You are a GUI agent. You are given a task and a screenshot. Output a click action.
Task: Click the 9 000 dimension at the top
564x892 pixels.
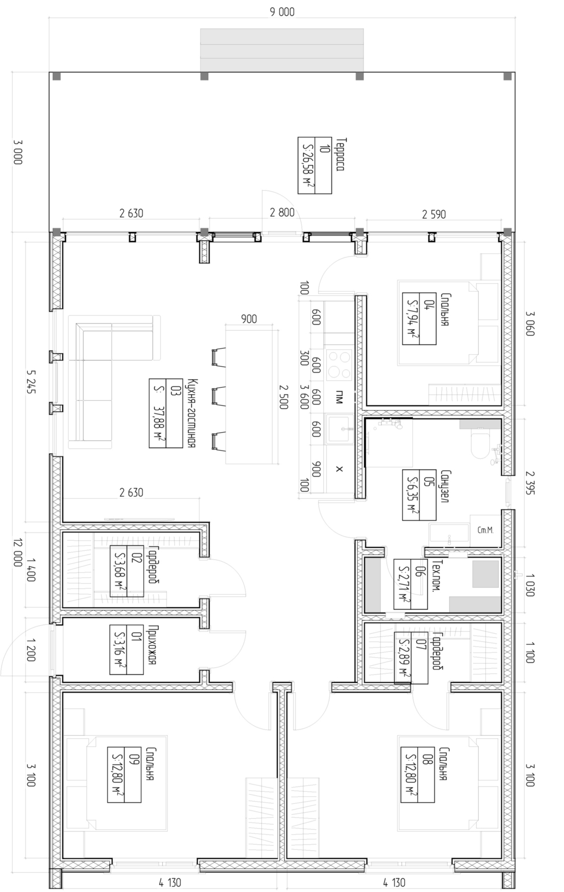click(282, 12)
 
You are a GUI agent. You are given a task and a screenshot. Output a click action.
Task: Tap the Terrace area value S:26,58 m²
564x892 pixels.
click(307, 165)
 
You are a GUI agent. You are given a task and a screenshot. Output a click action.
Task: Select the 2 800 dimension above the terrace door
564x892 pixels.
click(282, 213)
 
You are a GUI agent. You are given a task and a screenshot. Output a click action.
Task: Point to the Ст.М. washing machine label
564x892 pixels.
click(485, 530)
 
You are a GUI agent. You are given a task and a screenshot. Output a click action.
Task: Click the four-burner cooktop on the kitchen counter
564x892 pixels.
click(339, 364)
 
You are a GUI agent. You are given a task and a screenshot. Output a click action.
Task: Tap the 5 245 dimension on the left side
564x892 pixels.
click(31, 381)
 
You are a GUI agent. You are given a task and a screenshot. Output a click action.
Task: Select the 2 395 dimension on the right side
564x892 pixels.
click(530, 483)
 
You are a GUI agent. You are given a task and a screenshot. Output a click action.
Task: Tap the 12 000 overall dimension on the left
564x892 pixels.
click(18, 552)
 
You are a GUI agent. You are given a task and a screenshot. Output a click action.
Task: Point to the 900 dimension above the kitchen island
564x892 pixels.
click(249, 319)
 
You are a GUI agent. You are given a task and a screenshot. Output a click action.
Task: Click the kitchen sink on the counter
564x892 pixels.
click(339, 429)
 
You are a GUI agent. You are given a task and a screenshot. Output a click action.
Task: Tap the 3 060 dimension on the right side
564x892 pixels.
click(530, 323)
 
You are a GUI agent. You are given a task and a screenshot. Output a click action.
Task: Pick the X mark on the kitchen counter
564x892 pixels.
click(339, 469)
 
